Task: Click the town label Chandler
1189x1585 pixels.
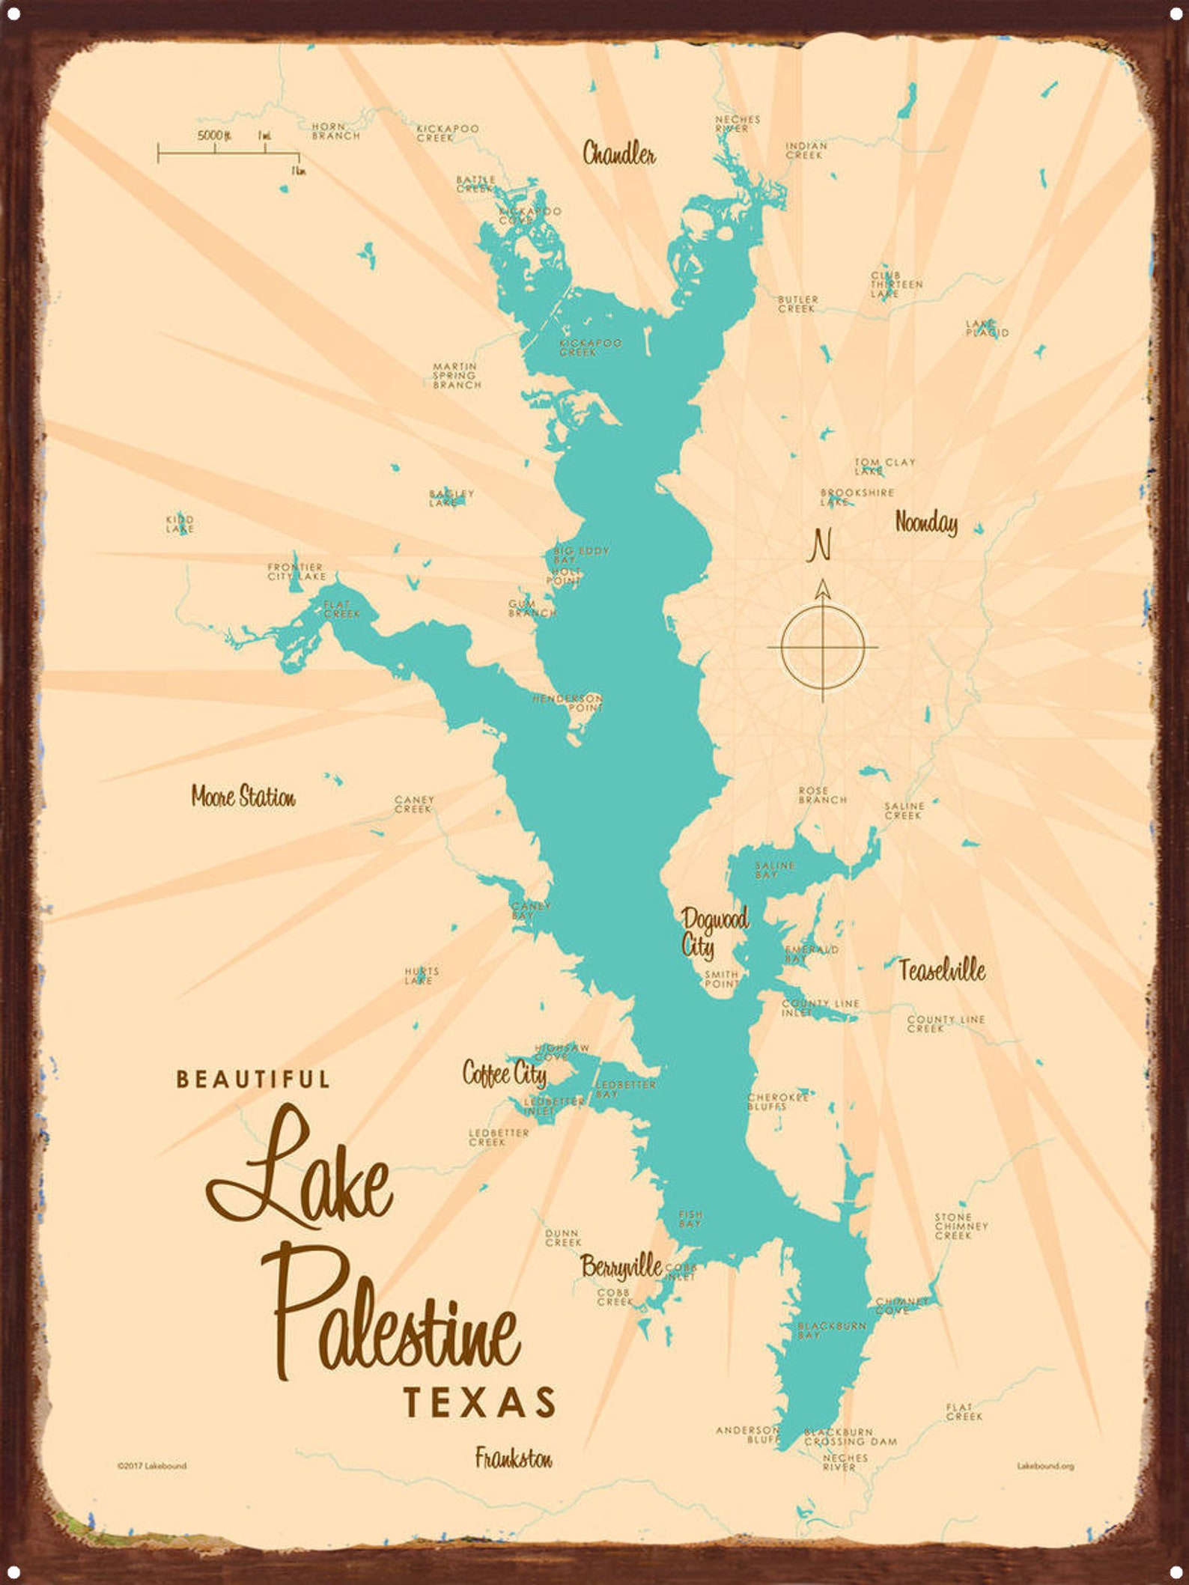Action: coord(618,154)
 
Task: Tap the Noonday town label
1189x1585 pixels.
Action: coord(926,523)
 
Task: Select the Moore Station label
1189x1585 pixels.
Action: coord(243,797)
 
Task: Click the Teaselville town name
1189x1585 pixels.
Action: coord(942,970)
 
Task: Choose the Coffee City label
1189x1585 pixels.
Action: coord(504,1074)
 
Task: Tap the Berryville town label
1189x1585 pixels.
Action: coord(621,1266)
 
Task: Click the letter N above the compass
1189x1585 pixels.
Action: coord(821,545)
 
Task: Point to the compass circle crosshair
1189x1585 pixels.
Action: coord(823,645)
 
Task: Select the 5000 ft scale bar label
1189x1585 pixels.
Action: coord(214,136)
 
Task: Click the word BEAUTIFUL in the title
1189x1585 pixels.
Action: coord(252,1080)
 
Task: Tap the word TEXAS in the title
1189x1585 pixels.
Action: coord(480,1402)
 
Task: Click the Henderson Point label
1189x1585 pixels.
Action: coord(568,702)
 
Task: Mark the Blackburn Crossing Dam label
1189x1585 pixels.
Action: coord(850,1436)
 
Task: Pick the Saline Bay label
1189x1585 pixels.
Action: coord(773,869)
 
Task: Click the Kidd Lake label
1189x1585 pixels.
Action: coord(180,523)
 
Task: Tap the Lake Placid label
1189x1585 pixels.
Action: coord(987,328)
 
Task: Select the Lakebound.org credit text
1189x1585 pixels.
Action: coord(1044,1466)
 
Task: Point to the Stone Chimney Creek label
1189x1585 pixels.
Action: coord(961,1226)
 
